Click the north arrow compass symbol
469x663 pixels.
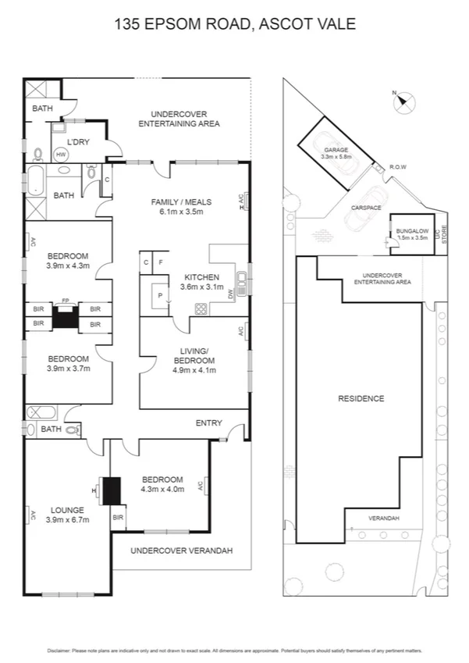(405, 100)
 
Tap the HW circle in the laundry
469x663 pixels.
(61, 155)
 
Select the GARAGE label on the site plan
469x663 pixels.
(336, 150)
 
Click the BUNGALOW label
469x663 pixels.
(411, 231)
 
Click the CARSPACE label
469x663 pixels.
(365, 208)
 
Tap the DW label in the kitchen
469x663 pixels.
(231, 295)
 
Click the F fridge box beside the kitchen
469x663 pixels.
(161, 263)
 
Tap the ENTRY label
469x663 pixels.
(209, 423)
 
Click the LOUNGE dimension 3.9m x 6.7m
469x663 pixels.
(67, 520)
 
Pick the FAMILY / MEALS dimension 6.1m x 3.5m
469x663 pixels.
(181, 212)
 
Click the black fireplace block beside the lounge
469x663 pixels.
(112, 491)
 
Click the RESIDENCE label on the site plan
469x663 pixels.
(361, 398)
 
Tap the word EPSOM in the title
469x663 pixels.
(169, 24)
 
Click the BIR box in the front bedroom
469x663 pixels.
(119, 517)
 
